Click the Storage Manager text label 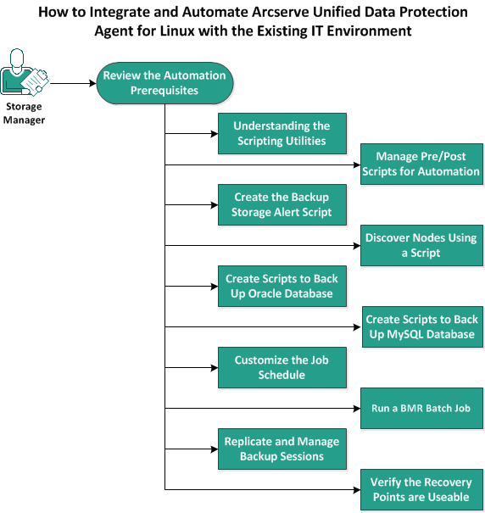(25, 114)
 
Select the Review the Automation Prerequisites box (164, 82)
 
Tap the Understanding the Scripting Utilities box (281, 133)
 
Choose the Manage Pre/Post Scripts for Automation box (421, 164)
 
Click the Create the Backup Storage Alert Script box (281, 204)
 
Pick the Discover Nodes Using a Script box (421, 245)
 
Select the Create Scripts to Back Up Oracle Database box (281, 286)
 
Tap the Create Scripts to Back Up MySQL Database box (421, 326)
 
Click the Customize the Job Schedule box (281, 367)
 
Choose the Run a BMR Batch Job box (421, 408)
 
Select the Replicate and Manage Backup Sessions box (281, 449)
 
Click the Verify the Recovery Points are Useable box (421, 489)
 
